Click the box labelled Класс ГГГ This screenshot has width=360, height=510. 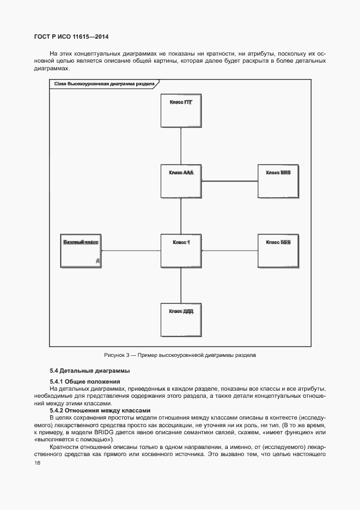pyautogui.click(x=180, y=111)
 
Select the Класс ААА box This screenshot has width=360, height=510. pyautogui.click(x=180, y=181)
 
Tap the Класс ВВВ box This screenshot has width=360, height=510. pyautogui.click(x=278, y=181)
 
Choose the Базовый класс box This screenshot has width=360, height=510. pyautogui.click(x=82, y=251)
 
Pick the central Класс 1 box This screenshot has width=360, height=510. pyautogui.click(x=180, y=251)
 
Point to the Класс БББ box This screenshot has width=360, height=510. pyautogui.click(x=278, y=251)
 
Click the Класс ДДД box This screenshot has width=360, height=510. pyautogui.click(x=180, y=319)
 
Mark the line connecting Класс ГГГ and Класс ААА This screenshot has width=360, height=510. pyautogui.click(x=180, y=146)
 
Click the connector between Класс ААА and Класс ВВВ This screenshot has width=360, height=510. pyautogui.click(x=229, y=181)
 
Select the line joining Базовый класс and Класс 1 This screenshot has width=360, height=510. pyautogui.click(x=131, y=251)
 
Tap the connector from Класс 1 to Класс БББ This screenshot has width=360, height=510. pyautogui.click(x=229, y=251)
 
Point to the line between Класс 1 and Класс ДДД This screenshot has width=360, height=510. pyautogui.click(x=180, y=285)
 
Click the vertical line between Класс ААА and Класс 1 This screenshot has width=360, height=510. pyautogui.click(x=180, y=216)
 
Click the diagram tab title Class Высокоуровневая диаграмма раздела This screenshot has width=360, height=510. pyautogui.click(x=103, y=84)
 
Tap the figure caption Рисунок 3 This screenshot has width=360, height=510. pyautogui.click(x=180, y=355)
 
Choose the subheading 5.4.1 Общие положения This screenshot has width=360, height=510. pyautogui.click(x=84, y=381)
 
